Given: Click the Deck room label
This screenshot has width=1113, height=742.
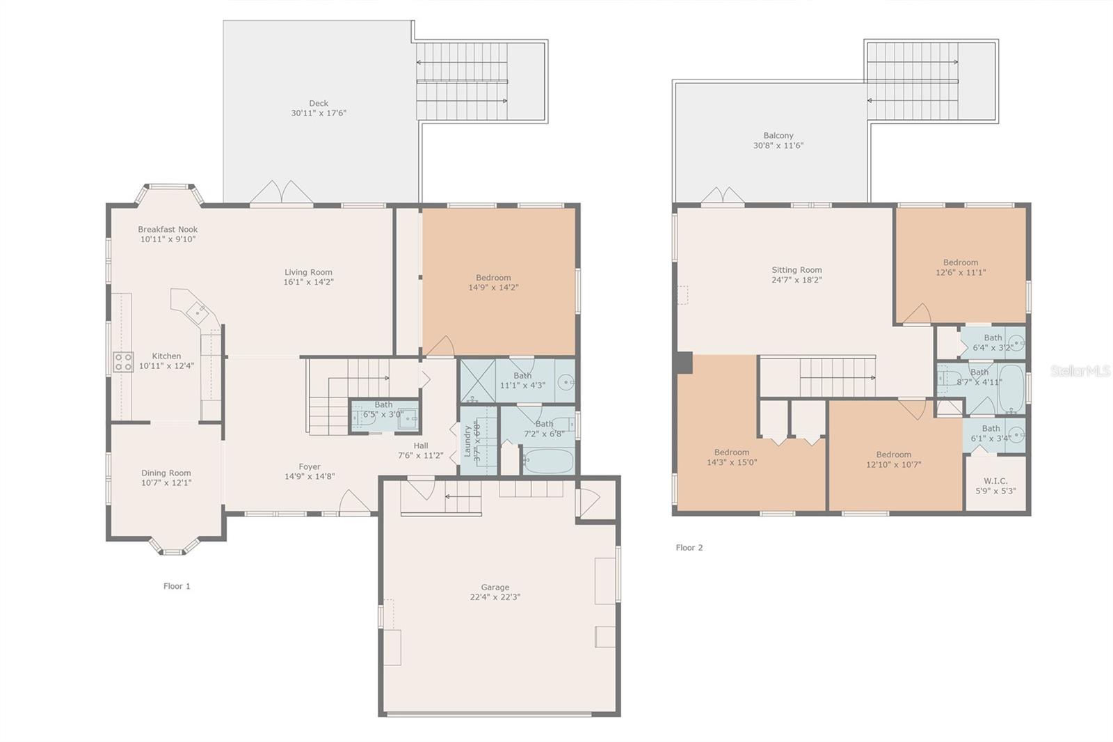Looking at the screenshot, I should point(319,103).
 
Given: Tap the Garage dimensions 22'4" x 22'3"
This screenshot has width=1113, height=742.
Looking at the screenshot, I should point(495,597).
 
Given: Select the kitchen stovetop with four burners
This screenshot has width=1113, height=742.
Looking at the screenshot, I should point(123,362).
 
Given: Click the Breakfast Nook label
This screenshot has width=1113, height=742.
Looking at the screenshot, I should point(168,229).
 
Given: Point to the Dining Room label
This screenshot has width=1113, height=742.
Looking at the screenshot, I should point(166,473).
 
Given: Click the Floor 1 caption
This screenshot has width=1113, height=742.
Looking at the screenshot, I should point(177,586).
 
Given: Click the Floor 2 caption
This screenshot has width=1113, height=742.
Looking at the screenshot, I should point(689,548).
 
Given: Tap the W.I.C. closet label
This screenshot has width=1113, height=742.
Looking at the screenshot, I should point(995,481).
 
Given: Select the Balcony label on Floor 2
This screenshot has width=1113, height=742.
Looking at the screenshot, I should point(778,136).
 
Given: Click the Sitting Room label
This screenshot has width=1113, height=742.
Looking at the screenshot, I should point(796,270).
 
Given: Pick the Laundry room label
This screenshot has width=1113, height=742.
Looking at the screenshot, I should point(467,441).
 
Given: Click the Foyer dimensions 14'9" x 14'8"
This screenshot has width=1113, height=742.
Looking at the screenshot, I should point(310,477).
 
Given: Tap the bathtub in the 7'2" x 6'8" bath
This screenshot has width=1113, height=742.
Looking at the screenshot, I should point(547,461).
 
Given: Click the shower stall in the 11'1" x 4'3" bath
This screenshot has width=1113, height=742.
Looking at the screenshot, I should point(477,380).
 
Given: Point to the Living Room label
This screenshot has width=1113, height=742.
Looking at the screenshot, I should point(308,272).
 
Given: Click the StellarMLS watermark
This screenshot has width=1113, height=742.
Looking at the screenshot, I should point(1080,371).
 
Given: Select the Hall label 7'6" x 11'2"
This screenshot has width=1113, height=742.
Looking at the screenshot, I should point(420,445).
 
